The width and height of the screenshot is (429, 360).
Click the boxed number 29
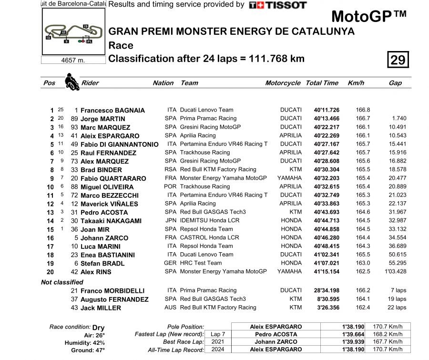(398, 60)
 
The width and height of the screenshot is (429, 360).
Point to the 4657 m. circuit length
(73, 60)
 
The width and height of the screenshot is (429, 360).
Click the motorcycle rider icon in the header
(71, 82)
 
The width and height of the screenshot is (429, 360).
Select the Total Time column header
(322, 83)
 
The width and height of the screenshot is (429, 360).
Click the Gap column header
(395, 83)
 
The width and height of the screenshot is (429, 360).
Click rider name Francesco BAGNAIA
(112, 110)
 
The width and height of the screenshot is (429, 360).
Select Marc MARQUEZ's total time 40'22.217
(327, 127)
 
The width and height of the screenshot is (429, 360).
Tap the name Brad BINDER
(102, 170)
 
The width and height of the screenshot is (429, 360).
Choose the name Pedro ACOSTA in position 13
(104, 212)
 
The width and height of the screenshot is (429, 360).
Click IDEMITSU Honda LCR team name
(209, 221)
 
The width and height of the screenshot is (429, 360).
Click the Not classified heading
(62, 282)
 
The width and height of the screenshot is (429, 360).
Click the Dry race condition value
(98, 328)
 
